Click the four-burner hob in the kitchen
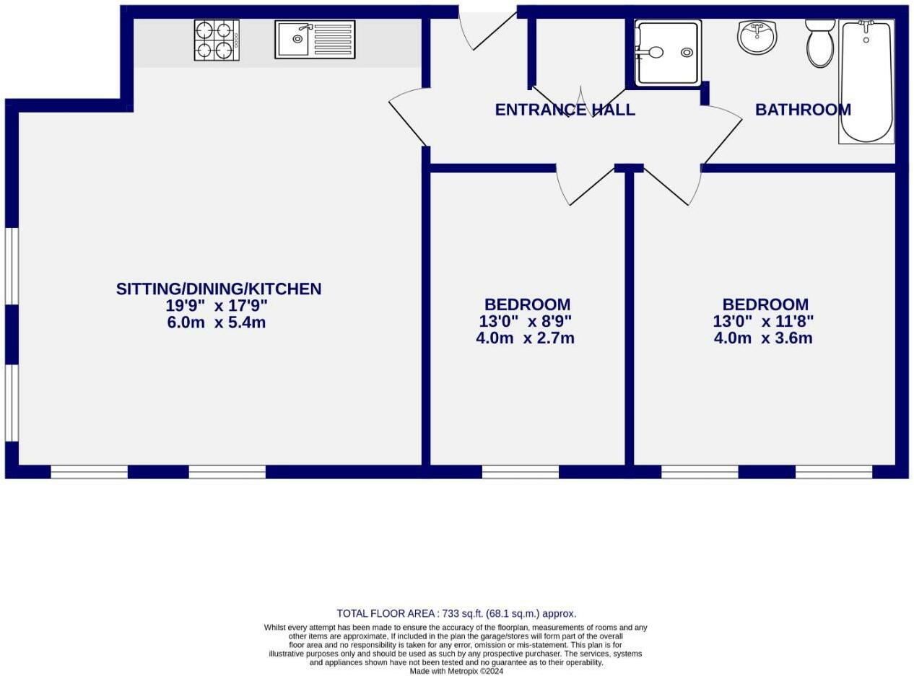coord(217,40)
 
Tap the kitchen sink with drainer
coord(315,40)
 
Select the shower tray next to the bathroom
coord(668,52)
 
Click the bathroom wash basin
coord(757,37)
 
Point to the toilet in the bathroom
coord(820,43)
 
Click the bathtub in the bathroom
coord(866,81)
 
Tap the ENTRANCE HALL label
coord(565,110)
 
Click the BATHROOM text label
coord(803,110)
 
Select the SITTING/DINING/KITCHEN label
coord(218,289)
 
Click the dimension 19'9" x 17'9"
coord(217,305)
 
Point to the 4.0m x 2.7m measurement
coord(525,338)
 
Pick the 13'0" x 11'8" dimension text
coord(763,321)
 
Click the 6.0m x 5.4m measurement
coord(217,322)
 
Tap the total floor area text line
coord(456,614)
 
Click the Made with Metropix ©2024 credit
coord(456,671)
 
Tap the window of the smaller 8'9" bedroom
coord(521,472)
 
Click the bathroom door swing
coord(722,133)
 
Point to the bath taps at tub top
coord(866,24)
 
